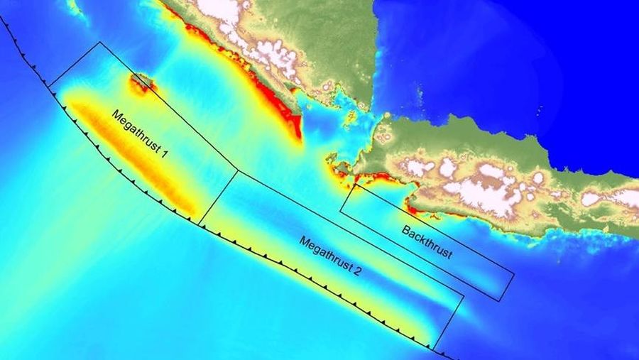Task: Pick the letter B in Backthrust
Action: (x=405, y=229)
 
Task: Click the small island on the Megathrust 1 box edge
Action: (x=141, y=81)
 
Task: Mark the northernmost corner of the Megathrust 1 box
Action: (x=99, y=43)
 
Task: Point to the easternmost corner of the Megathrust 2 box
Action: (x=464, y=296)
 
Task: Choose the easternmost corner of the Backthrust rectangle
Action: (x=513, y=275)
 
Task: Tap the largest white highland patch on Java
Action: (x=490, y=192)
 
